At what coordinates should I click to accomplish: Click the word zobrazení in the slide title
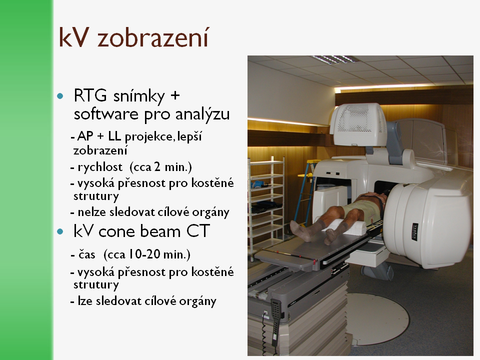(153, 37)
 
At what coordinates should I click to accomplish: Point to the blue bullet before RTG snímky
(60, 96)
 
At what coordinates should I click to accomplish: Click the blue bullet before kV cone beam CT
(60, 231)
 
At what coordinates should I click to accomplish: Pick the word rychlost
(100, 167)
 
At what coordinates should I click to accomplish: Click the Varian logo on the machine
(415, 232)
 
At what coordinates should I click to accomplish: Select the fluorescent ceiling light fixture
(335, 59)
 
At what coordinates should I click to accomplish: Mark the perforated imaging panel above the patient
(358, 124)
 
